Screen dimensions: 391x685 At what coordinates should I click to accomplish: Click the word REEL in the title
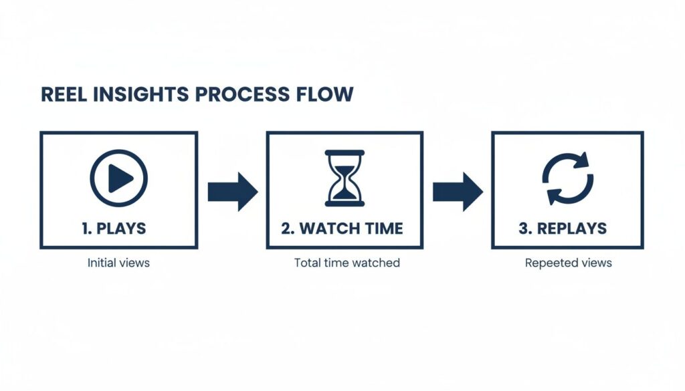pyautogui.click(x=64, y=94)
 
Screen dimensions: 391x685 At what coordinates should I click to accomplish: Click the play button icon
pyautogui.click(x=118, y=178)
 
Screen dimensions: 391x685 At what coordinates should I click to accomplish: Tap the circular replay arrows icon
pyautogui.click(x=567, y=178)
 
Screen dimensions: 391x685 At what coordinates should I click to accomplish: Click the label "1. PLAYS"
pyautogui.click(x=114, y=229)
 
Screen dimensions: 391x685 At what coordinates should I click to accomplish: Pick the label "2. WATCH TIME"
pyautogui.click(x=342, y=229)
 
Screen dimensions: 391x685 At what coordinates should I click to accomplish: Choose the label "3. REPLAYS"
pyautogui.click(x=563, y=229)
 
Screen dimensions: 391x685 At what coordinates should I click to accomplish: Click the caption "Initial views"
pyautogui.click(x=118, y=263)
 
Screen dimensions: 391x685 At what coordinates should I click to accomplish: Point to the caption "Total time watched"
pyautogui.click(x=347, y=263)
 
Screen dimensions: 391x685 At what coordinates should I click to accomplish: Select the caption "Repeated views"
pyautogui.click(x=568, y=263)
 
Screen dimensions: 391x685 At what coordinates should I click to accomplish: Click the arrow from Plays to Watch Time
pyautogui.click(x=231, y=192)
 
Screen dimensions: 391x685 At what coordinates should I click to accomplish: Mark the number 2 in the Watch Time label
pyautogui.click(x=286, y=229)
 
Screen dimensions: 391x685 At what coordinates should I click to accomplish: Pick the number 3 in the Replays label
pyautogui.click(x=523, y=229)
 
